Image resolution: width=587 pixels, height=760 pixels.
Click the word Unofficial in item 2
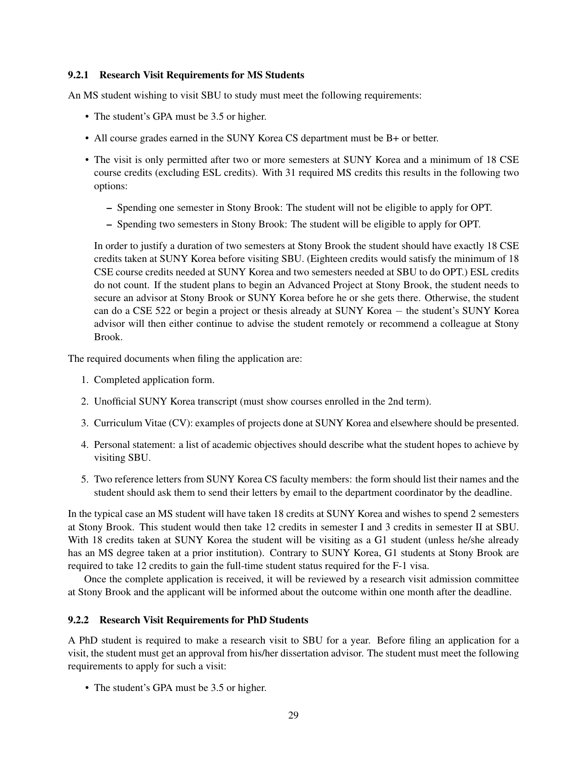point(115,401)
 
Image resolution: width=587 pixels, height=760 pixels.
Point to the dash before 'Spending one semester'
point(109,208)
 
